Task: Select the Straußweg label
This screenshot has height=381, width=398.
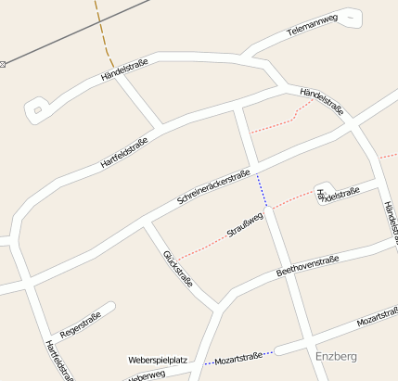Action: click(x=246, y=225)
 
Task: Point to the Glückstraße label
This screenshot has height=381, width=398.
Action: click(x=177, y=268)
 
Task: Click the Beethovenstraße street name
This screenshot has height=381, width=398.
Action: click(x=308, y=266)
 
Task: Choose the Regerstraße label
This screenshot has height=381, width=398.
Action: click(x=80, y=324)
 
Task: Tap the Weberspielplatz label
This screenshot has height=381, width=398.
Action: click(x=158, y=359)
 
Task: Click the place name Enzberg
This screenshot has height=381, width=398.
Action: click(x=336, y=356)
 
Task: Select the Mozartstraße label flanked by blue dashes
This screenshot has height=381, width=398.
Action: click(x=238, y=356)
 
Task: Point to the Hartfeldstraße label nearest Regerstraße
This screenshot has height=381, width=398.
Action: click(x=58, y=360)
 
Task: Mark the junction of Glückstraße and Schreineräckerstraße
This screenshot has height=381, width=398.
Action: click(x=147, y=224)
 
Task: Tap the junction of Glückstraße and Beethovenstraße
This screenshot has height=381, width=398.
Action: click(x=219, y=304)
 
